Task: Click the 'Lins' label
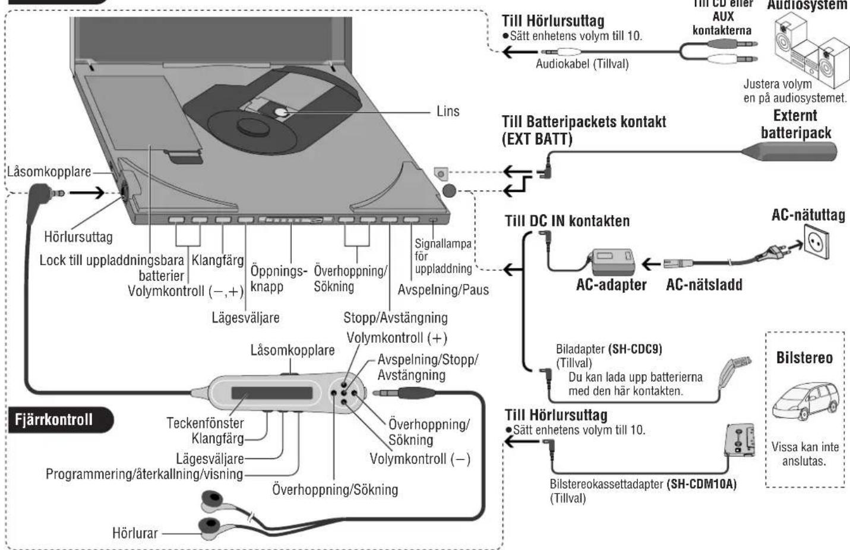tap(448, 112)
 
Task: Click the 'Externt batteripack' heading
tap(795, 124)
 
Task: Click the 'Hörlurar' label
tap(135, 533)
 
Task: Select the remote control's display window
tap(271, 394)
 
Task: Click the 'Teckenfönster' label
tap(205, 423)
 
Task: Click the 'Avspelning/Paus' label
tap(443, 290)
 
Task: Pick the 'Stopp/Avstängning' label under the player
tap(395, 318)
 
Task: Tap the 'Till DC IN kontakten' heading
tap(567, 222)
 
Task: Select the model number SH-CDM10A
tap(701, 484)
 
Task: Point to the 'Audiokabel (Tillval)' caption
tap(582, 64)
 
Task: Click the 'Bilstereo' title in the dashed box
tap(804, 358)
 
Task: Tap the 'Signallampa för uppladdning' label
tap(443, 256)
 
